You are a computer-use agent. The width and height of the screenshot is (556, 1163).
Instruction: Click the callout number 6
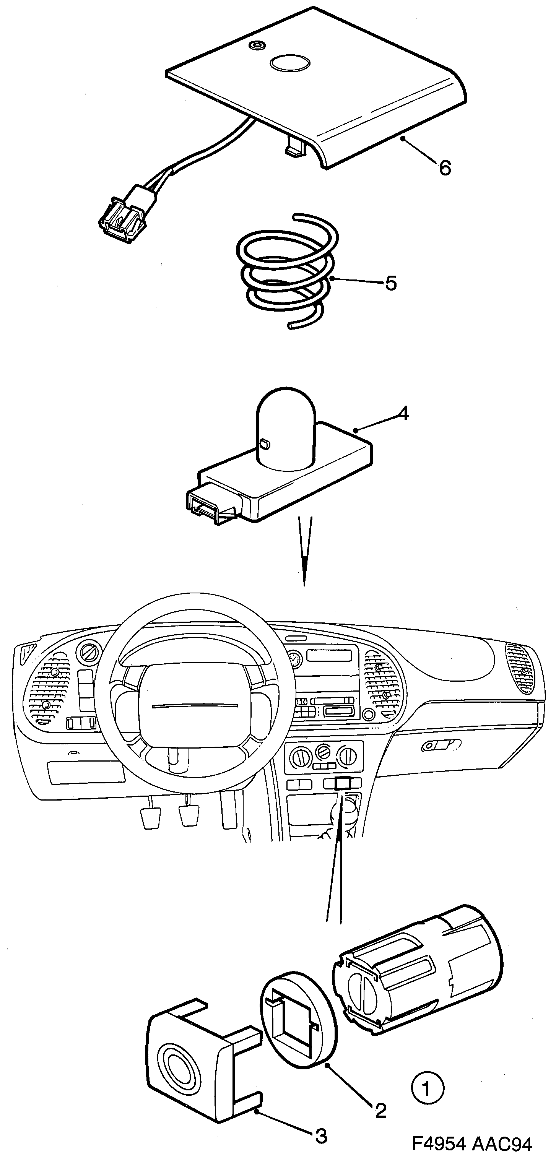click(444, 168)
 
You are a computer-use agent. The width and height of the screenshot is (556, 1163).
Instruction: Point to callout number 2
click(381, 1111)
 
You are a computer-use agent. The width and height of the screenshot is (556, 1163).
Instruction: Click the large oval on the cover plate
click(289, 63)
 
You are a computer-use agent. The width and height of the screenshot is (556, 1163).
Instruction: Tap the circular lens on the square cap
click(177, 1063)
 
